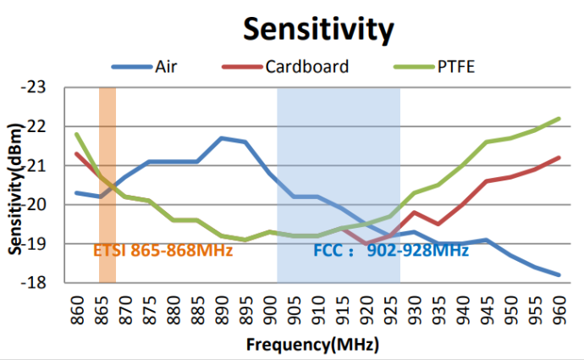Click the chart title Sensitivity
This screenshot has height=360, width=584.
click(317, 29)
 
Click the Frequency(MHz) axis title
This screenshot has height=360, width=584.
click(312, 345)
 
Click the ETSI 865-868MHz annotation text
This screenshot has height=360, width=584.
click(163, 250)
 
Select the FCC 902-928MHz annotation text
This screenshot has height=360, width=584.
click(391, 250)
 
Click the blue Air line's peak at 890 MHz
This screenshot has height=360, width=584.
click(221, 138)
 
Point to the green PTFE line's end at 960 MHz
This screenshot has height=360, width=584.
click(559, 119)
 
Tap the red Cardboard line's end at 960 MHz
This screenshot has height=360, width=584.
click(559, 158)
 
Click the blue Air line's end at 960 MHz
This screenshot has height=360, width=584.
click(559, 274)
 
